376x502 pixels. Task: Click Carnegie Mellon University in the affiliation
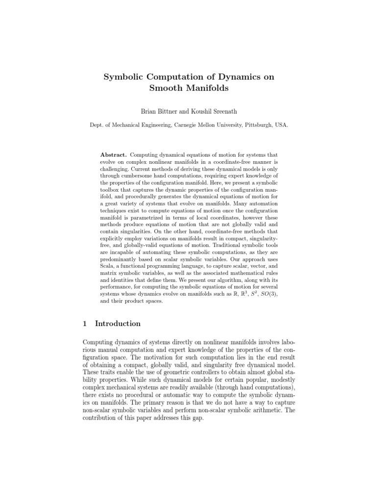tap(212, 125)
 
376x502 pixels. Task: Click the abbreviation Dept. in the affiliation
tap(96, 125)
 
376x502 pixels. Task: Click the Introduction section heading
tap(117, 324)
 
